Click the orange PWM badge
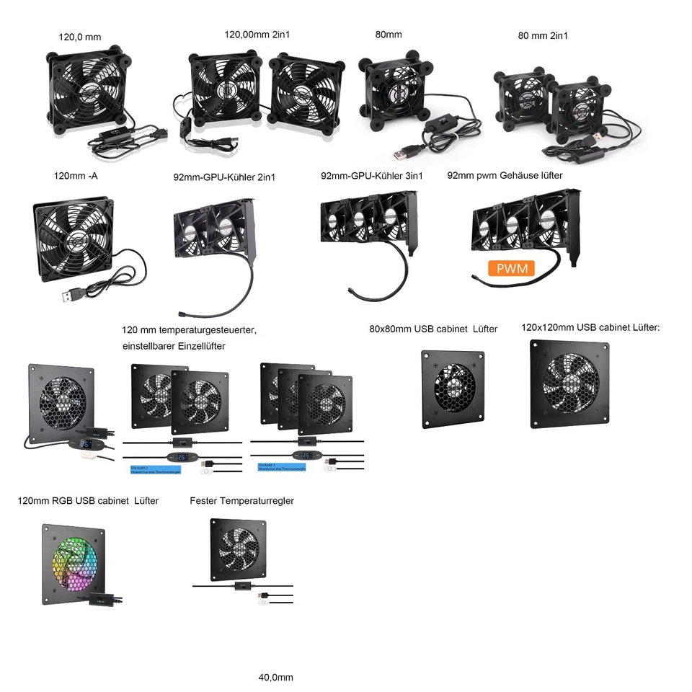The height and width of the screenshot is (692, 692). tap(512, 269)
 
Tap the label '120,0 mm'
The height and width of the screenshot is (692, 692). tap(80, 36)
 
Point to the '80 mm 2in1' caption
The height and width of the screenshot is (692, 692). tap(542, 35)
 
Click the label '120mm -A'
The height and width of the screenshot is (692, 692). tap(76, 176)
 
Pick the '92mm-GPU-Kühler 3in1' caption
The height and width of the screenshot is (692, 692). tap(371, 175)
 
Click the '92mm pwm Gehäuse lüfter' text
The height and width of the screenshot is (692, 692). tap(505, 175)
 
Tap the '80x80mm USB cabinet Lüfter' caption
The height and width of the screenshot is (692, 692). tap(433, 329)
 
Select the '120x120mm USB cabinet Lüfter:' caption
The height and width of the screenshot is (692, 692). tap(590, 328)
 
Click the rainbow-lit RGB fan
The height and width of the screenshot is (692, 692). tap(74, 563)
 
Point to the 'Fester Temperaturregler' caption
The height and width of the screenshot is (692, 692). tap(241, 500)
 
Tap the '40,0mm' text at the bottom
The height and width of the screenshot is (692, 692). tap(276, 678)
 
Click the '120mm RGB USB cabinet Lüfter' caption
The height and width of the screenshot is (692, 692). tap(88, 500)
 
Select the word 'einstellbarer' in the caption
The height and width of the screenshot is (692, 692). tap(152, 346)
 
